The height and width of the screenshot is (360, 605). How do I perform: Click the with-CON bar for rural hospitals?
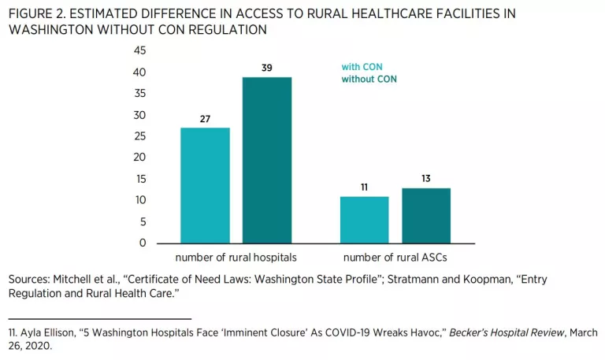[x=205, y=185]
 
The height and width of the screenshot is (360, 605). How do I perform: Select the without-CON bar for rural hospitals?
[x=266, y=160]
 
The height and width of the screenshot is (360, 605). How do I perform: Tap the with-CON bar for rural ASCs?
[x=364, y=220]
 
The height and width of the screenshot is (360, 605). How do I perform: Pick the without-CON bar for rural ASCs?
[x=426, y=215]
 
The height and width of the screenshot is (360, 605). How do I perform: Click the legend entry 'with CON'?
[x=362, y=67]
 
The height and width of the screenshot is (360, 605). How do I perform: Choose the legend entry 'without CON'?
[x=369, y=79]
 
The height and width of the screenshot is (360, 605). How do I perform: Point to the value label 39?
[x=266, y=69]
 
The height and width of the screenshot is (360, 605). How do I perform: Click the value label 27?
[x=205, y=119]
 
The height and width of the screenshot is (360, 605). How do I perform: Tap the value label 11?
[x=364, y=187]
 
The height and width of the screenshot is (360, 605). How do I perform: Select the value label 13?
[x=426, y=179]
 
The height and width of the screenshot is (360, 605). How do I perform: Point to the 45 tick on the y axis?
[x=139, y=50]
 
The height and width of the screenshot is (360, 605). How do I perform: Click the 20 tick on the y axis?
[x=139, y=158]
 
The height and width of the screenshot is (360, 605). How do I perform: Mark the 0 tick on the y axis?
[x=143, y=243]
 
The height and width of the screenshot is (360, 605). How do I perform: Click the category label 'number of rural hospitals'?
[x=235, y=258]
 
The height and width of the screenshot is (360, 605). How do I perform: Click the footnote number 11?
[x=12, y=332]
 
